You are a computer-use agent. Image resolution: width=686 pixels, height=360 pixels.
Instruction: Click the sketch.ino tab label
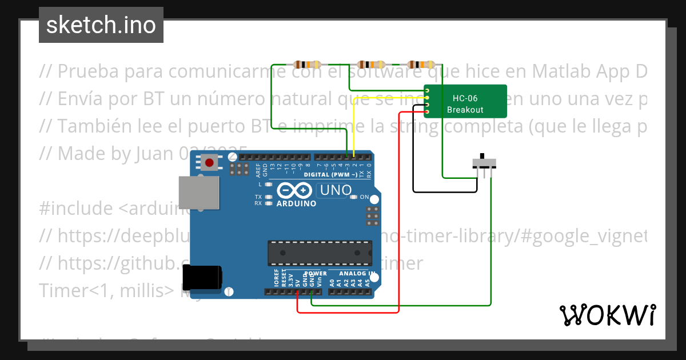101,25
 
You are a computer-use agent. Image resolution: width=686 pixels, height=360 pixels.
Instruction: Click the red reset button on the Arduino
210,163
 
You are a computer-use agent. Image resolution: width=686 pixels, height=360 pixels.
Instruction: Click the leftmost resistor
307,64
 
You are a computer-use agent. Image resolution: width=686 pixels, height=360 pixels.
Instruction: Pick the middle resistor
371,64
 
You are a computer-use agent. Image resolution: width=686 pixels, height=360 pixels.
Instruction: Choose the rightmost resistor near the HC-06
421,64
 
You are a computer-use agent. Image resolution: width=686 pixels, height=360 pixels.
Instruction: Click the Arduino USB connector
198,192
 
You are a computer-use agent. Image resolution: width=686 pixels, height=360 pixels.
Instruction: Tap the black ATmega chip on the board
320,253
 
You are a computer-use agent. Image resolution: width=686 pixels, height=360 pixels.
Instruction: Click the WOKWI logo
607,315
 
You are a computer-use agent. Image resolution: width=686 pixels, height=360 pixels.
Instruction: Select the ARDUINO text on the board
296,203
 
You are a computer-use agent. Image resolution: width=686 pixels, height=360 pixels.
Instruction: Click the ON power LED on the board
353,197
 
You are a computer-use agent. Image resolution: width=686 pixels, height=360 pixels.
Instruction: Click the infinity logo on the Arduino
294,190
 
